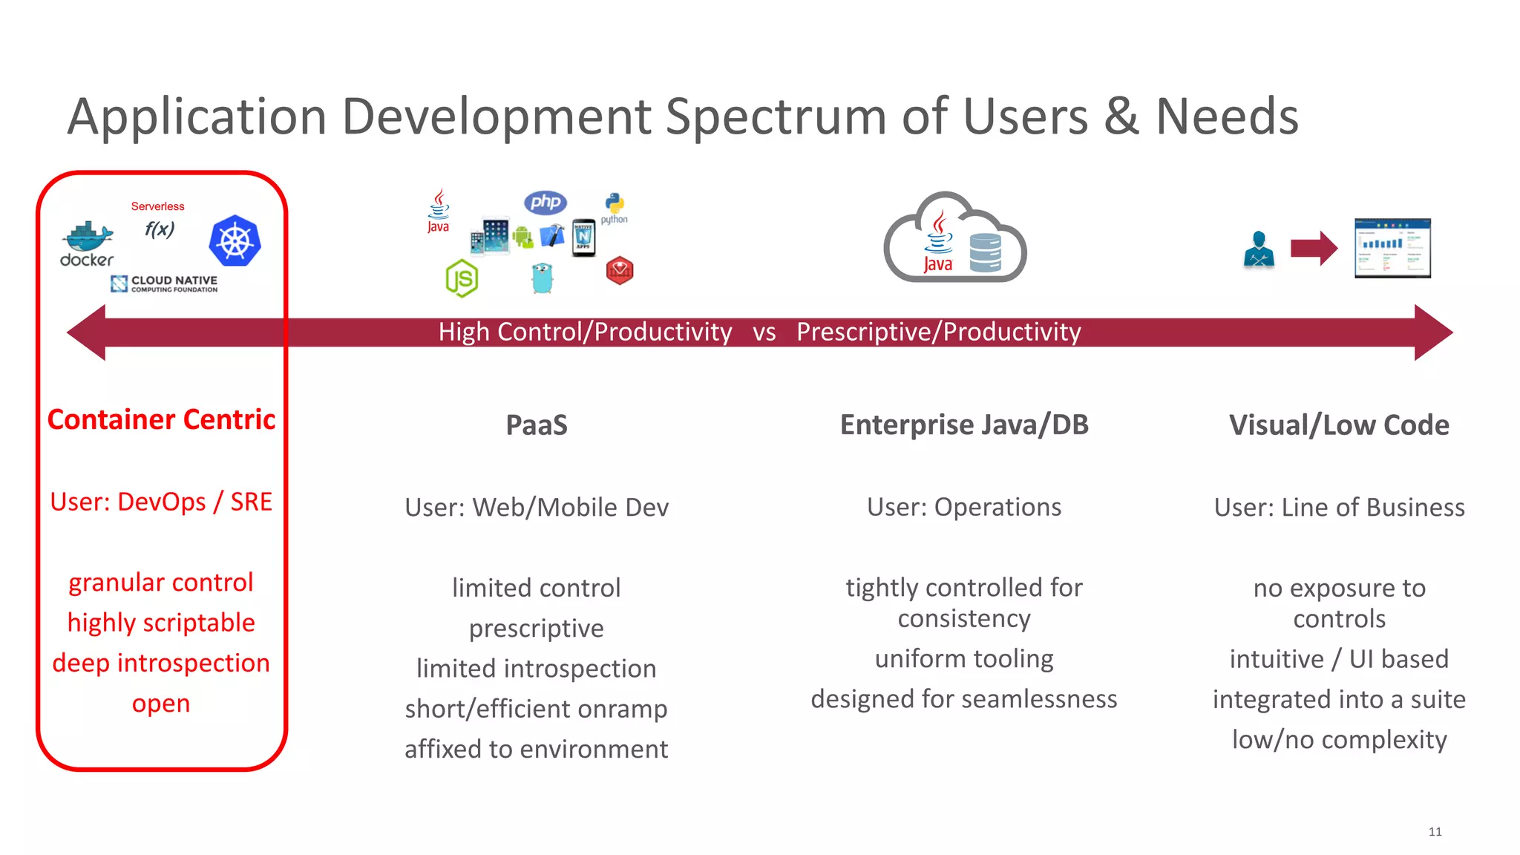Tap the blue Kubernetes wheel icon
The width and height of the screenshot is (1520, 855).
235,241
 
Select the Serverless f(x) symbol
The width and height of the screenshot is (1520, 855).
159,229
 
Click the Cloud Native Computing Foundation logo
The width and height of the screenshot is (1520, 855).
164,284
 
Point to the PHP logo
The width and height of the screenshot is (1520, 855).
545,202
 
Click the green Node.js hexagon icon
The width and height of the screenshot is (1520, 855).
462,278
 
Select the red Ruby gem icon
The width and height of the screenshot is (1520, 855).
620,271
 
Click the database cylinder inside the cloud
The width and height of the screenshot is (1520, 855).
986,252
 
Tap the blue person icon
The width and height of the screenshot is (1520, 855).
1259,249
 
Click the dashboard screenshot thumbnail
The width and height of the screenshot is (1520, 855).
1392,249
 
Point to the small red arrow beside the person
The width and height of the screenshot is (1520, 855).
1314,248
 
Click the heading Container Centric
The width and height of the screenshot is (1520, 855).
161,420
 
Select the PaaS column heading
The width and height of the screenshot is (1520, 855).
536,425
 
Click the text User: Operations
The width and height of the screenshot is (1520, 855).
963,507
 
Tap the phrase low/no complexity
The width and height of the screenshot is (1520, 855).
1339,740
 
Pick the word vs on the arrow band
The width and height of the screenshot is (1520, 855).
764,332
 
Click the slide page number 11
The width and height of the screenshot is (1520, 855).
1435,831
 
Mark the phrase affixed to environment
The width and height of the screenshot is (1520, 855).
536,749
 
